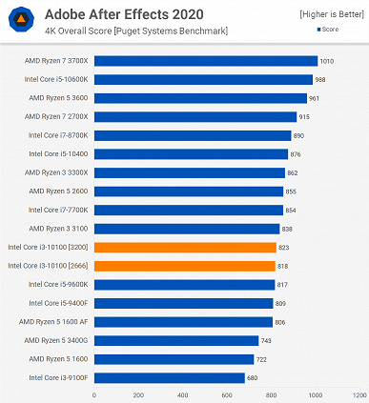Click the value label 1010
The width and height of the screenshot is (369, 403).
point(327,61)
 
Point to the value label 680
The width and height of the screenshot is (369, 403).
point(253,378)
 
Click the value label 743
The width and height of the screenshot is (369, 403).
point(267,341)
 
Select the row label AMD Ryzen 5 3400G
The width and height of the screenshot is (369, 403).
point(59,341)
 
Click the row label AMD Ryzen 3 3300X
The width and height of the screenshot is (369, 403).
point(59,172)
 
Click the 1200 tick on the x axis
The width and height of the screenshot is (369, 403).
point(359,393)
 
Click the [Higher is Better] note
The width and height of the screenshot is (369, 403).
point(331,14)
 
